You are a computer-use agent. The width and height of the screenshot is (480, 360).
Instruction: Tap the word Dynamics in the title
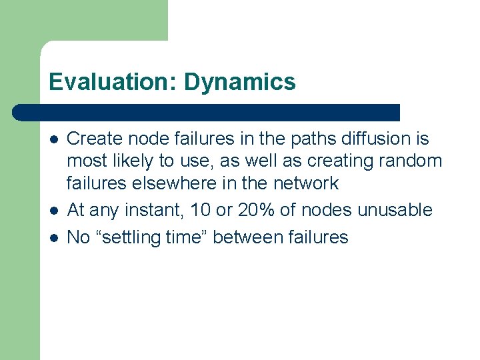tap(239, 82)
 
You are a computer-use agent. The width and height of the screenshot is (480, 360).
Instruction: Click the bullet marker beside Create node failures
tap(52, 139)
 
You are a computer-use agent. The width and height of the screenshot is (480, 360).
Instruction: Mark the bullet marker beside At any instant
tap(52, 211)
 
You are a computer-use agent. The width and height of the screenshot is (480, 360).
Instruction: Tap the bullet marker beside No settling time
tap(52, 238)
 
